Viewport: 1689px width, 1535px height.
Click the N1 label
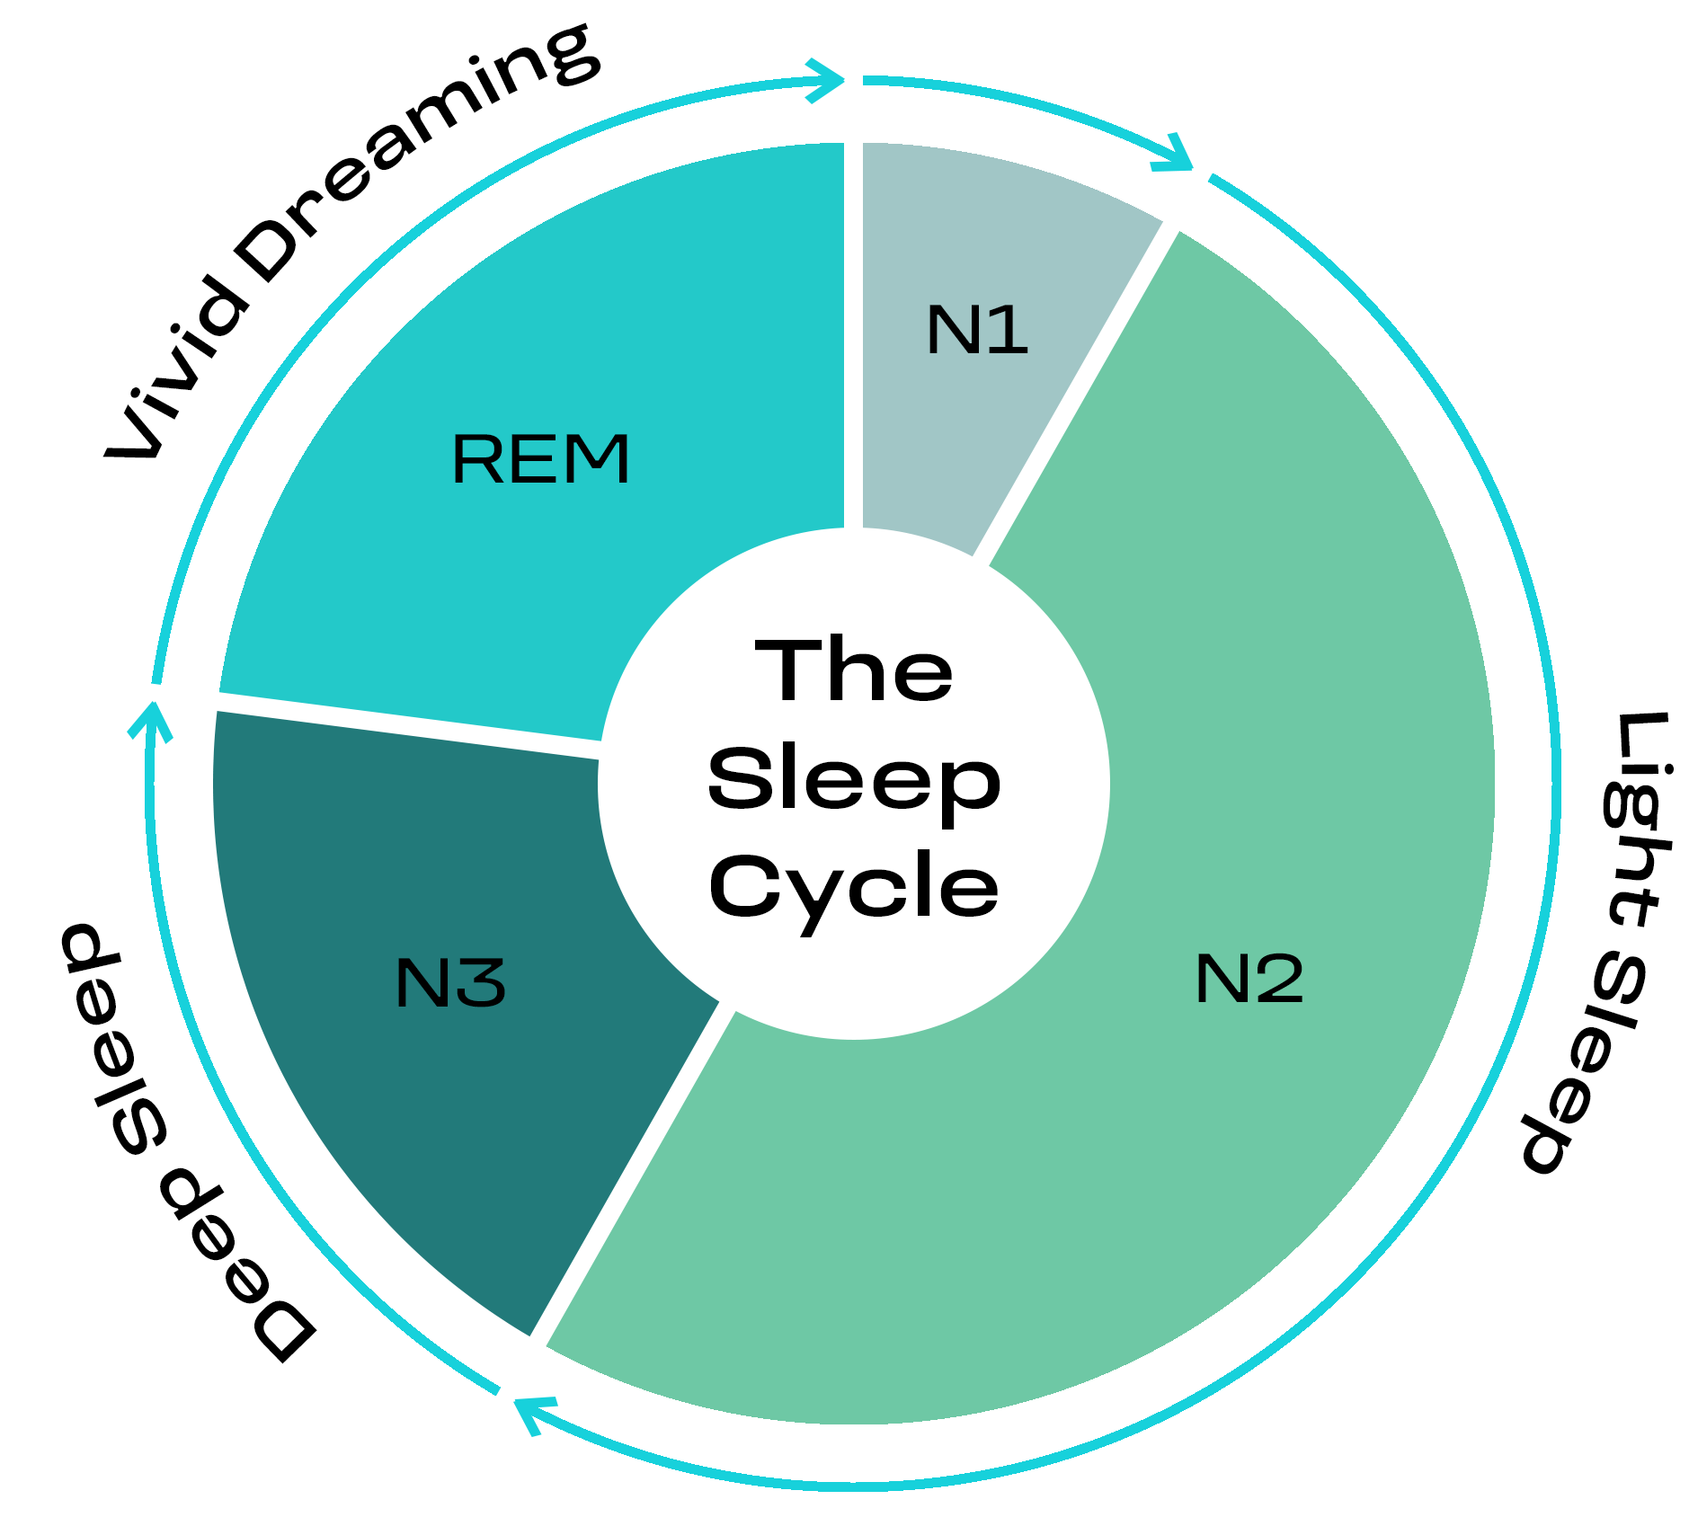(976, 330)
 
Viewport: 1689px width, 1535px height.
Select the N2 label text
(1249, 979)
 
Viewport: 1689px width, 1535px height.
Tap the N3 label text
(450, 982)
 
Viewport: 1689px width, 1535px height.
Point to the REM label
(540, 459)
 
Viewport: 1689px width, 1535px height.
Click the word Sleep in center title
(853, 780)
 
